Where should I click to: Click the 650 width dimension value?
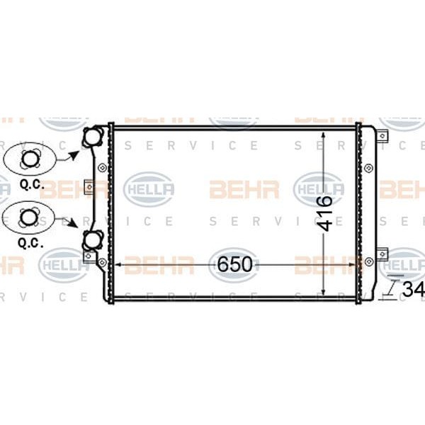[x=234, y=264]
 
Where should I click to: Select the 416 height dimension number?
[x=324, y=213]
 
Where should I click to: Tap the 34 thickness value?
[x=413, y=290]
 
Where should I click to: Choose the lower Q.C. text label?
[x=28, y=242]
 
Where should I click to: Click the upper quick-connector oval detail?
[x=29, y=158]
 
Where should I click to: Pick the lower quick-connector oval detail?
[x=29, y=218]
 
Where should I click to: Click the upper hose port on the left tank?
[x=93, y=138]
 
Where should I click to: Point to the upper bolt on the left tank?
[x=103, y=168]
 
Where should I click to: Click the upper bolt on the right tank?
[x=369, y=167]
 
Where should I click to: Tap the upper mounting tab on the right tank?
[x=382, y=136]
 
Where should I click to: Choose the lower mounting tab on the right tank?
[x=382, y=253]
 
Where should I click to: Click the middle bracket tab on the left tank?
[x=89, y=187]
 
